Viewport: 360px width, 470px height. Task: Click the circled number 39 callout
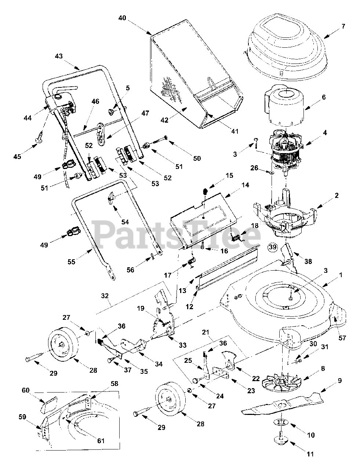click(272, 247)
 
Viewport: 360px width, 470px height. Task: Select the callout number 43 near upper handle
click(59, 57)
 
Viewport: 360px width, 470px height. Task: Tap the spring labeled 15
click(205, 192)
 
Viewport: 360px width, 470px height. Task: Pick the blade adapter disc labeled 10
click(280, 423)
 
